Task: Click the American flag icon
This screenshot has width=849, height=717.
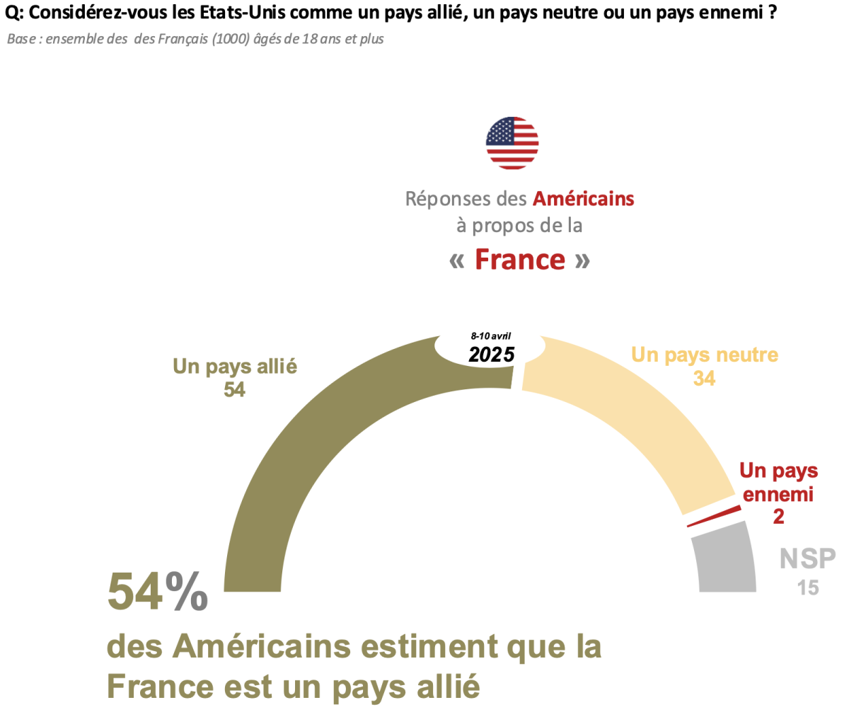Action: coord(512,143)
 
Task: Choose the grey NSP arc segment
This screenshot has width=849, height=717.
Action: coord(725,559)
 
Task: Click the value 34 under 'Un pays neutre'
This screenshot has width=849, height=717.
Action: coord(704,379)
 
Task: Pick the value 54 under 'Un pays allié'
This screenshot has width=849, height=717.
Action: coord(234,390)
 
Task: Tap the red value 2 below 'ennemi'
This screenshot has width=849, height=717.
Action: coord(778,517)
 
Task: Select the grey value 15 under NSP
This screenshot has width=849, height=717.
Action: coord(807,587)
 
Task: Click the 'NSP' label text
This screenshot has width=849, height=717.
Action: coord(807,559)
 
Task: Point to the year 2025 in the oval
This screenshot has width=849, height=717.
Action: coord(491,354)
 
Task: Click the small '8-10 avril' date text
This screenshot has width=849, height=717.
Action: coord(491,336)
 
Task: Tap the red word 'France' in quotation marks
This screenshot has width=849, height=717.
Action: coord(520,260)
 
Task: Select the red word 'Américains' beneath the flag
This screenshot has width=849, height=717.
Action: coord(583,199)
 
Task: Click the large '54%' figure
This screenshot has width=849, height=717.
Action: coord(158,592)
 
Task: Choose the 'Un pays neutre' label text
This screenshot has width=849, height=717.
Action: coord(704,355)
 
